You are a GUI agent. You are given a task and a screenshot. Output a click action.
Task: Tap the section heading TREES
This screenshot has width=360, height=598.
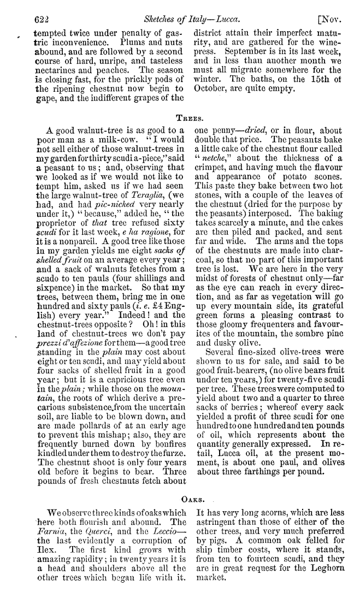(x=187, y=117)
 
